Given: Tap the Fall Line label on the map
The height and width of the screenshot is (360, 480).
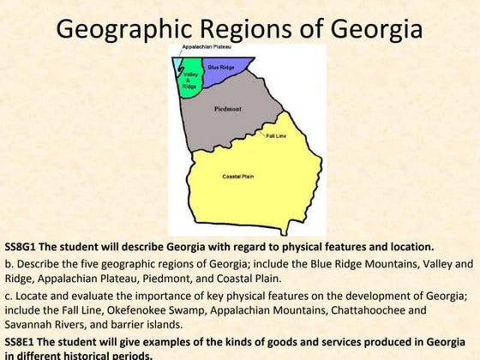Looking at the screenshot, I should tap(276, 136).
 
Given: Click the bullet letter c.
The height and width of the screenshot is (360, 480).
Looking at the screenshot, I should tap(8, 294).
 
